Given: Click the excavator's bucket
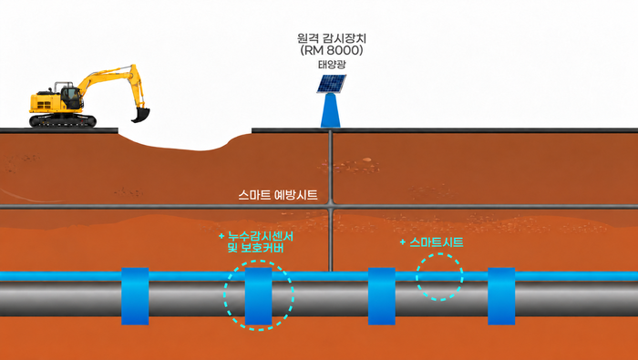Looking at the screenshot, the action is [x=140, y=115].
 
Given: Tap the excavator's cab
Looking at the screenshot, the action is [x=72, y=98].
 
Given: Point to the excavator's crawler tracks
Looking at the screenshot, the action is [x=63, y=121].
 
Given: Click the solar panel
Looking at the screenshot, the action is [x=332, y=83].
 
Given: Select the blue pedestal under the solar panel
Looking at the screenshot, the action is [x=330, y=110].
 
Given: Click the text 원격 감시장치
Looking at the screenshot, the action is [x=332, y=38].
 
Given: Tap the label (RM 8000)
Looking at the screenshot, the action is [x=332, y=50].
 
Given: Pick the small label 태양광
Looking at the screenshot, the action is [x=332, y=65].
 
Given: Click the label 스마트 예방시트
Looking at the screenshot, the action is [x=277, y=195].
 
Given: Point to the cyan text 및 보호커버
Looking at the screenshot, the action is [x=255, y=247].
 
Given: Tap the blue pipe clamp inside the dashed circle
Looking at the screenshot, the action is [x=258, y=296].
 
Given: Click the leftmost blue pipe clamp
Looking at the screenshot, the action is [x=135, y=296].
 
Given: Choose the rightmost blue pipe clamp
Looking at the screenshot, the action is [x=501, y=296].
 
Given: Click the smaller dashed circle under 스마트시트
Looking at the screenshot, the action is [x=439, y=254].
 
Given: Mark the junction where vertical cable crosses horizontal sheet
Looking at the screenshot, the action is [x=330, y=207].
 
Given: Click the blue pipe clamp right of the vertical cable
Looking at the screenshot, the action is [x=382, y=296].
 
